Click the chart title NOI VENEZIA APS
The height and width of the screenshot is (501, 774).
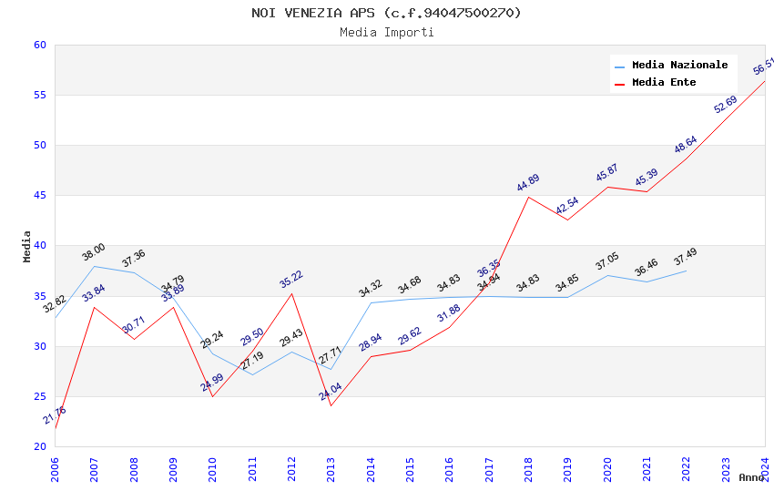[x=387, y=13]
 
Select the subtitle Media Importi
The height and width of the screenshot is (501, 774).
[x=387, y=33]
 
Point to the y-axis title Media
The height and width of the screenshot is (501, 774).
[x=27, y=246]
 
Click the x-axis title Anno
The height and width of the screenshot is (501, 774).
[x=751, y=477]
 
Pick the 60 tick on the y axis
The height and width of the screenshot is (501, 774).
[x=39, y=46]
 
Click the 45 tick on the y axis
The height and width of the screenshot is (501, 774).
[x=39, y=196]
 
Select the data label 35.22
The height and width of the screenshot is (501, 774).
[x=291, y=279]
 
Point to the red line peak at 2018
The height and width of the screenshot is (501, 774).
[x=528, y=197]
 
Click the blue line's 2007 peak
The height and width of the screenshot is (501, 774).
[x=94, y=266]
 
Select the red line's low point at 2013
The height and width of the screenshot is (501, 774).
[x=331, y=405]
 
